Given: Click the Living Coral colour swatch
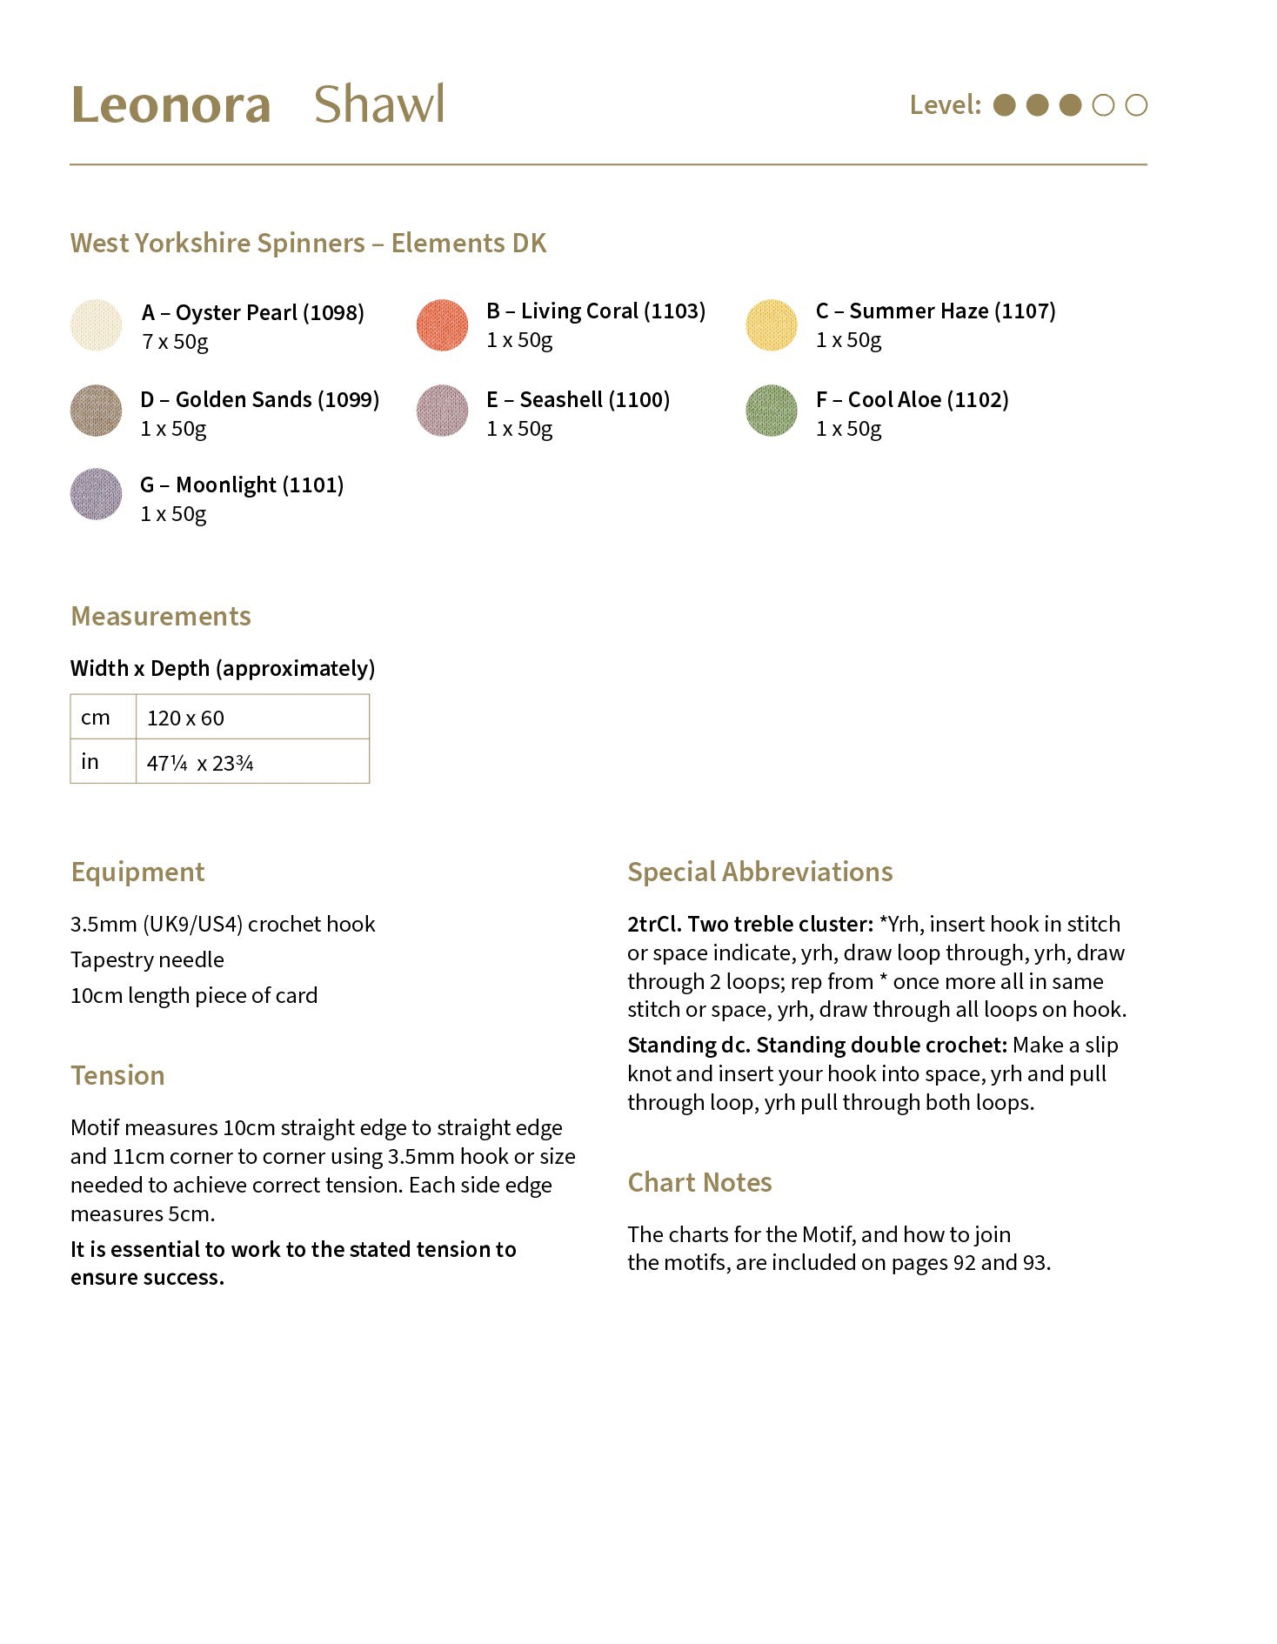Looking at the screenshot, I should tap(443, 325).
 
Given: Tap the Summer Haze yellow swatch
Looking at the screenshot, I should tap(772, 325).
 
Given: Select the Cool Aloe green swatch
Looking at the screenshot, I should tap(772, 411).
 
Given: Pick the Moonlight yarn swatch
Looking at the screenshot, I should tap(96, 494).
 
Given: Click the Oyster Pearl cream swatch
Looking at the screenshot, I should tap(96, 325).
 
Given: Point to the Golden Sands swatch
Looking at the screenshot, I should tap(96, 411).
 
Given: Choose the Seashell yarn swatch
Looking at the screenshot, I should tap(443, 411).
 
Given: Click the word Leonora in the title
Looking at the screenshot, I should tap(171, 105).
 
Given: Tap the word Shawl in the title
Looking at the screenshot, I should tap(379, 105).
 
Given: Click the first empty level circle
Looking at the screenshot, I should tap(1103, 105).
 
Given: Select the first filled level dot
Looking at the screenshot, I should tap(1005, 105).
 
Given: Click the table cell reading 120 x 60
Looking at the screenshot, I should tap(185, 718).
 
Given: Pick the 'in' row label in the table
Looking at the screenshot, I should tap(90, 762).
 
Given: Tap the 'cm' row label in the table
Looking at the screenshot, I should tap(95, 718).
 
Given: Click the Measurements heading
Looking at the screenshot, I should tap(161, 617).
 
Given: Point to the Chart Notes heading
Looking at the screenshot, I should tap(700, 1183).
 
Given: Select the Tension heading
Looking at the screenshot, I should tap(117, 1076).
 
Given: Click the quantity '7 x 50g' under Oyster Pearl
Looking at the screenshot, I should tap(176, 342).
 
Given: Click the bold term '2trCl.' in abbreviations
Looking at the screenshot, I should tap(654, 924).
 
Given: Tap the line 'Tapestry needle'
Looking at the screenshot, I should tap(147, 959).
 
